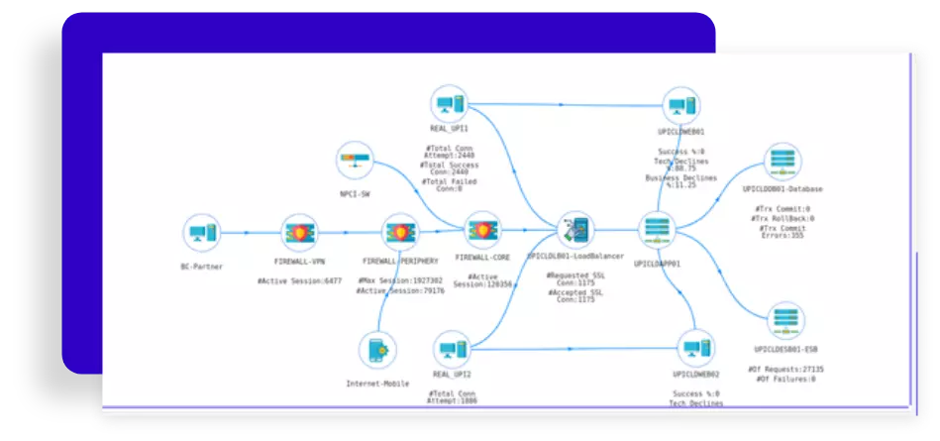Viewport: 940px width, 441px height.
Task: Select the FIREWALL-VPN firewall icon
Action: click(x=299, y=234)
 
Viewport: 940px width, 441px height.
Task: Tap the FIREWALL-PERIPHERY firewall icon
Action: click(x=400, y=233)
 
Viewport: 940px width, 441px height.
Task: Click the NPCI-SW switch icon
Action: click(x=355, y=161)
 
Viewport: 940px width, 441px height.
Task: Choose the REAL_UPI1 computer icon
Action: click(x=449, y=104)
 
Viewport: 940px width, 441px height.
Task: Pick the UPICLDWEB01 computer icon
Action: click(x=680, y=106)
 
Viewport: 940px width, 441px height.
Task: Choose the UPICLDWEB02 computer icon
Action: click(x=694, y=350)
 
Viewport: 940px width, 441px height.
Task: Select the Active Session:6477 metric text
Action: click(x=299, y=281)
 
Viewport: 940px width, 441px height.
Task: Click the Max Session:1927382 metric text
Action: click(x=400, y=281)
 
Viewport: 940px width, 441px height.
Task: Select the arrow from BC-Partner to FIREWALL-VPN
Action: click(x=248, y=234)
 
